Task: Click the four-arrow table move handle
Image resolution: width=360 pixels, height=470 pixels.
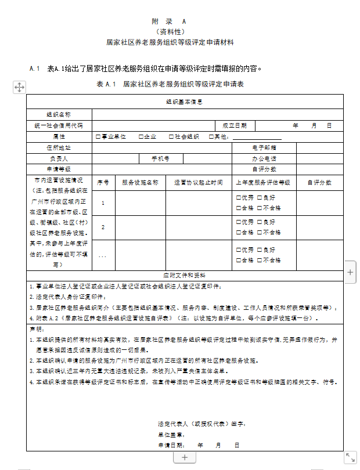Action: [x=19, y=87]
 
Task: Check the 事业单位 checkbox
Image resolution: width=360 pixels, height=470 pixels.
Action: [x=98, y=136]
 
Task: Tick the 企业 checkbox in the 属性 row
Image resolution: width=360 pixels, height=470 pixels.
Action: [x=141, y=136]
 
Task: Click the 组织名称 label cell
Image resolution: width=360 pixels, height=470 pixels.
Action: [x=59, y=114]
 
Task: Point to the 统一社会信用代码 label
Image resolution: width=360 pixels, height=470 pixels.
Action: [x=59, y=125]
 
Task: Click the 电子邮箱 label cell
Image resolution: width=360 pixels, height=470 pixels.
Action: [x=264, y=147]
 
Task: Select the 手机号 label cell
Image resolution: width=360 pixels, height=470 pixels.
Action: [x=160, y=158]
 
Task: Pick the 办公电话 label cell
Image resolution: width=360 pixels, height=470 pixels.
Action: [x=264, y=158]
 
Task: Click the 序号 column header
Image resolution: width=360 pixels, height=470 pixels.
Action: [x=103, y=182]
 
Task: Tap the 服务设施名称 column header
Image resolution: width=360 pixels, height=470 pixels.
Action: [x=140, y=182]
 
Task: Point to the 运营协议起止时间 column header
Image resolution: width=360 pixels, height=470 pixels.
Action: [x=199, y=182]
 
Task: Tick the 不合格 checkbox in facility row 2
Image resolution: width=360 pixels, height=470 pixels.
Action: [x=260, y=232]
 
